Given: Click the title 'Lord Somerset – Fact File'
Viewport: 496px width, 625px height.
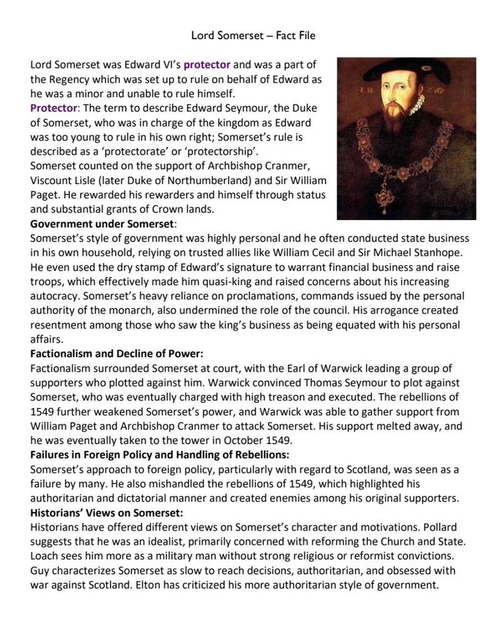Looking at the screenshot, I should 253,36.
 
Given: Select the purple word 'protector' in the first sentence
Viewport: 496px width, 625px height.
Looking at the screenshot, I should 207,65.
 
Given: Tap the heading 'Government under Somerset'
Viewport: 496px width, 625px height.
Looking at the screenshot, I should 102,223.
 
